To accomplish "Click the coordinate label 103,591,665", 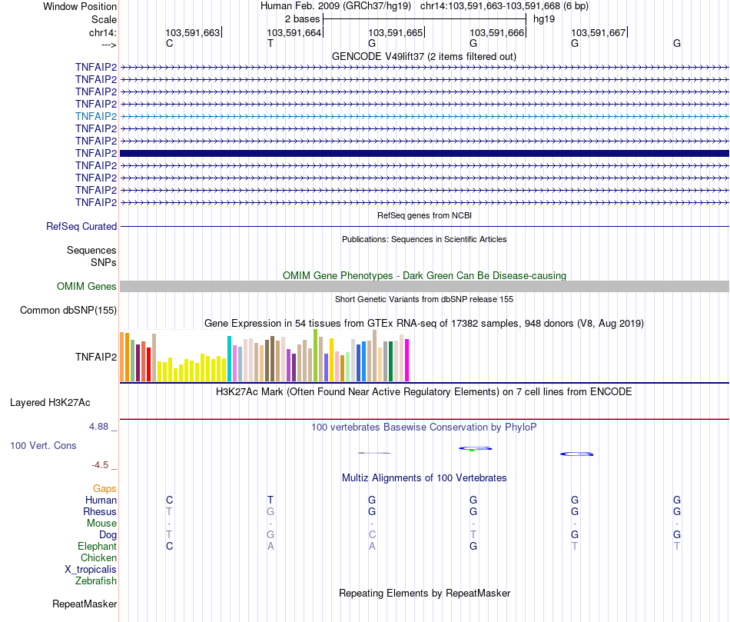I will click(x=395, y=32).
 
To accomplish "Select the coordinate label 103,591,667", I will click(x=598, y=32).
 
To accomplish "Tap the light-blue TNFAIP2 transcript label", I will click(x=96, y=116).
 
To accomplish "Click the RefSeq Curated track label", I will click(x=81, y=227).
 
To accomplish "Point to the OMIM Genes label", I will click(x=87, y=287).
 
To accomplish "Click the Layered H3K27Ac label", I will click(x=50, y=402).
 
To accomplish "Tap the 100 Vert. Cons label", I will click(x=43, y=446).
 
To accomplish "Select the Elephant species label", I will click(x=97, y=547).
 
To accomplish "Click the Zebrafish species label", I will click(x=96, y=581).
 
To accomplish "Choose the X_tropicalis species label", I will click(x=91, y=570).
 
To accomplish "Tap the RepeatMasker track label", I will click(x=85, y=604).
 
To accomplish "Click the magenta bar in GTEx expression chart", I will click(x=406, y=360).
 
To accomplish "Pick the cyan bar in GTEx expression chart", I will click(x=229, y=358).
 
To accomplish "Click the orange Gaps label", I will click(x=105, y=489).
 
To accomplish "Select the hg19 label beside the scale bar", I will click(x=544, y=18).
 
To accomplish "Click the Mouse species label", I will click(x=101, y=524).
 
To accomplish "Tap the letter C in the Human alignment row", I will click(x=170, y=501).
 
